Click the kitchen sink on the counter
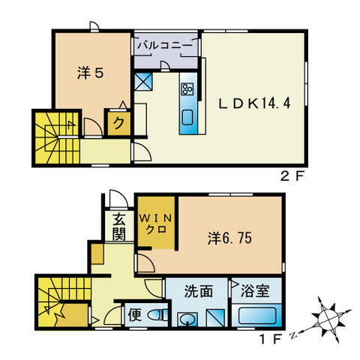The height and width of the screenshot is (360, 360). click(x=187, y=117)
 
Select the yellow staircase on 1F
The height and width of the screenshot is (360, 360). click(x=58, y=301)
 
